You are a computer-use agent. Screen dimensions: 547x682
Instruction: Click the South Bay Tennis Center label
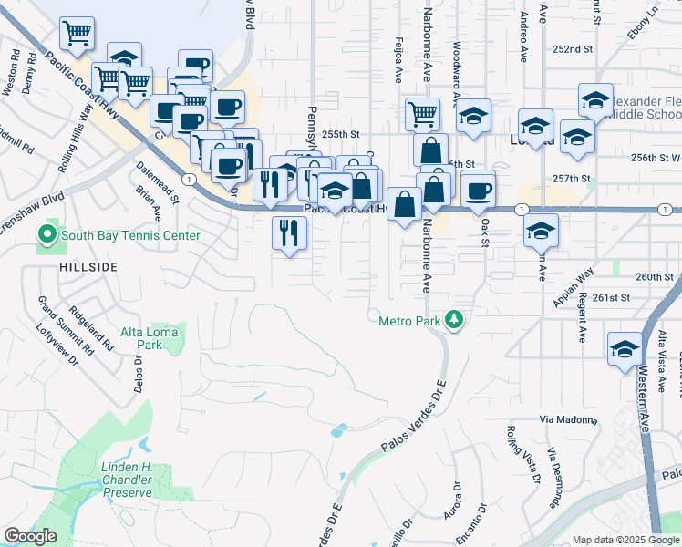coord(129,236)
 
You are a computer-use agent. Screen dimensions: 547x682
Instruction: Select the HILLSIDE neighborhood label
coord(88,266)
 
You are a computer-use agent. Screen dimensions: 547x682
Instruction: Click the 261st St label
coord(611,297)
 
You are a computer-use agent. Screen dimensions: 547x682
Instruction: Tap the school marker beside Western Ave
coord(625,349)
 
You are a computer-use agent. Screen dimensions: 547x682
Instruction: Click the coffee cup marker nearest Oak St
coord(479,191)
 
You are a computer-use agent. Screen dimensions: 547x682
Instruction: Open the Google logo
coord(31,536)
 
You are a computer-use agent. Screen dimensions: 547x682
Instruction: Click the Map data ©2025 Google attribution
coord(625,540)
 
